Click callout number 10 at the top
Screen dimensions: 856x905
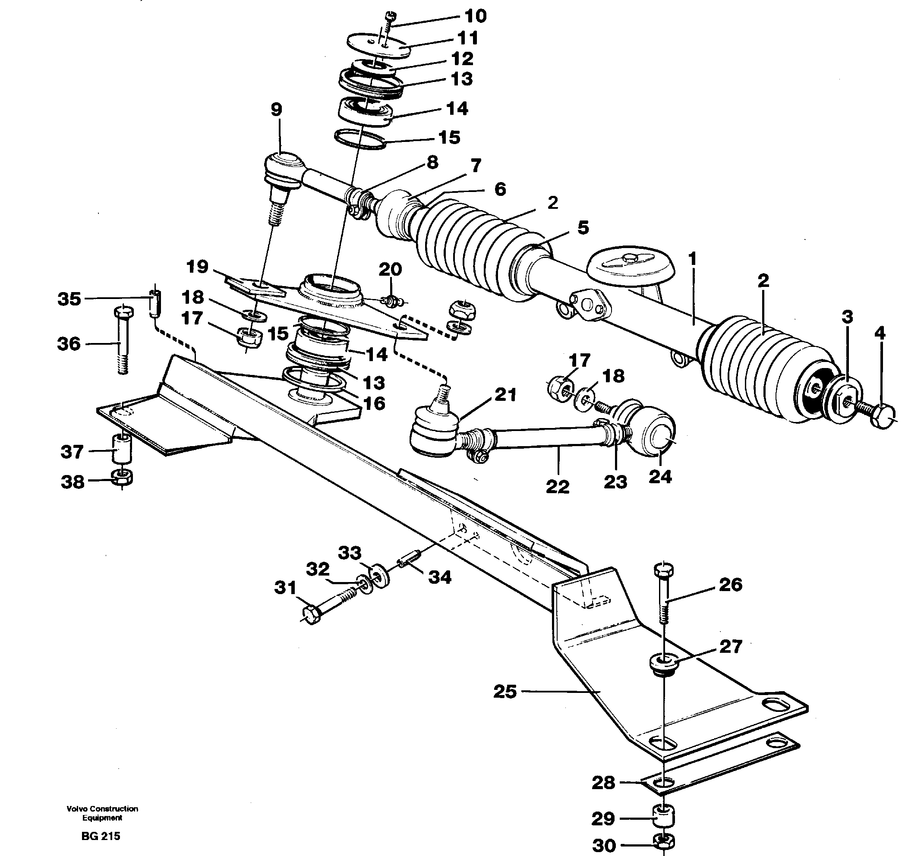click(475, 16)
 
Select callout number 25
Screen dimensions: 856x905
click(505, 691)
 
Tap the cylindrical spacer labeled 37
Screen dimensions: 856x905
click(122, 449)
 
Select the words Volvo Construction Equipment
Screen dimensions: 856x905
click(102, 813)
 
